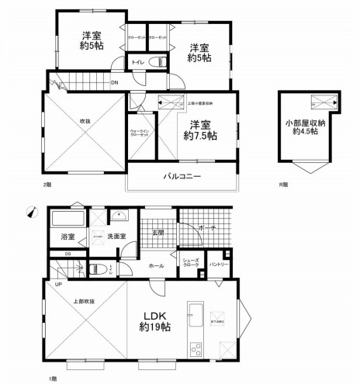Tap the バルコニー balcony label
pyautogui.click(x=182, y=177)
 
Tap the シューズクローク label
pyautogui.click(x=191, y=264)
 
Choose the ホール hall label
pyautogui.click(x=157, y=265)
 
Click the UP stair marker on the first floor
pyautogui.click(x=58, y=284)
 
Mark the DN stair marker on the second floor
pyautogui.click(x=114, y=81)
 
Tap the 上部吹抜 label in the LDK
pyautogui.click(x=84, y=301)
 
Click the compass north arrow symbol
pyautogui.click(x=30, y=211)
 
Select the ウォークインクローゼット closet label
pyautogui.click(x=140, y=133)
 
